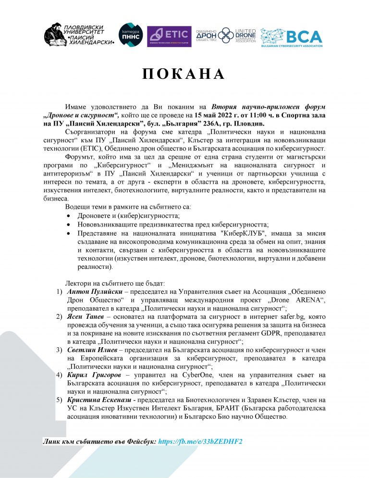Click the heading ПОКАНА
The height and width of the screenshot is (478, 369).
tap(184, 74)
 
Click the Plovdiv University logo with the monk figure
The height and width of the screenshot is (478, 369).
tap(79, 35)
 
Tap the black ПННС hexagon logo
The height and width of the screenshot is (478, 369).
tap(130, 35)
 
